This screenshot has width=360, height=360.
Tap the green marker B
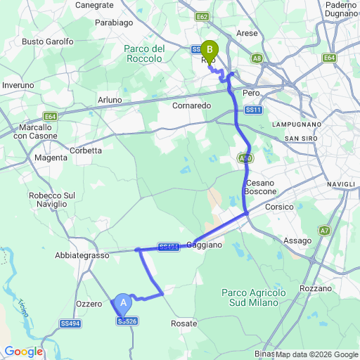[209, 51]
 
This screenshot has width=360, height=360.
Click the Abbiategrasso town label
[83, 256]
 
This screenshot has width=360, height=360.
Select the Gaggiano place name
[204, 245]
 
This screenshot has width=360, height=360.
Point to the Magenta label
[51, 157]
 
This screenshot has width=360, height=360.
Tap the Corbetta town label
[86, 150]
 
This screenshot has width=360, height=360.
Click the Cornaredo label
[191, 105]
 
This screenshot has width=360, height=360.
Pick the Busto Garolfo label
[48, 41]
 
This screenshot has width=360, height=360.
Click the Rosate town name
[184, 323]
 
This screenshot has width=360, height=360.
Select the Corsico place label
[278, 207]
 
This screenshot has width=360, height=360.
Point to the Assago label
[297, 240]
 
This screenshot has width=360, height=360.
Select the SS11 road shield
[254, 110]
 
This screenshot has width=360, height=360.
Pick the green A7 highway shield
[324, 230]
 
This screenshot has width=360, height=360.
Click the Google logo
[23, 352]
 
